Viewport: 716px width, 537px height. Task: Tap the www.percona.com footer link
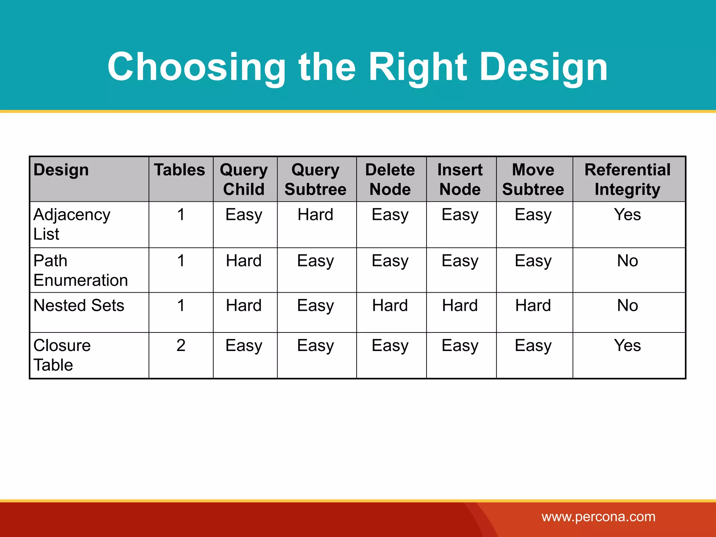point(598,517)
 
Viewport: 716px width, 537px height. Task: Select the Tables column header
point(180,170)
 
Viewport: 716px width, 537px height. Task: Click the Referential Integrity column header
point(628,179)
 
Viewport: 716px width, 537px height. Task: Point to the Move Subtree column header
point(533,179)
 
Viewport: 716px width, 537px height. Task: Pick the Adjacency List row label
point(72,224)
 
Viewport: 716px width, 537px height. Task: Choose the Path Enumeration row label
point(80,270)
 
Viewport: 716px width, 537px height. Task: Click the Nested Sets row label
point(79,305)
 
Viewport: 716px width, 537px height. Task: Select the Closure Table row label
point(62,355)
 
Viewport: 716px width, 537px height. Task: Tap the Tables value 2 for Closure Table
point(181,345)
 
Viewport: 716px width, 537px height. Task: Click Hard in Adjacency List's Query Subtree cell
point(315,214)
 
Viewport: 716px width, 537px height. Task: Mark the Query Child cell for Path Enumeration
point(244,261)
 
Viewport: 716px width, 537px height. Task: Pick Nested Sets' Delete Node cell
point(390,305)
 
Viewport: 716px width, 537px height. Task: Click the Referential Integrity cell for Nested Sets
point(628,305)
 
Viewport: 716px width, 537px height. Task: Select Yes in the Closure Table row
point(628,345)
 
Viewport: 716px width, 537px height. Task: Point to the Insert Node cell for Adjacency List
point(460,214)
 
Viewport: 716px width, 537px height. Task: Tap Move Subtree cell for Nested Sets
point(533,305)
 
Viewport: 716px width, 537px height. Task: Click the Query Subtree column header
point(315,179)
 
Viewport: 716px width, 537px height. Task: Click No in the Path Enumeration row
point(628,261)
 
